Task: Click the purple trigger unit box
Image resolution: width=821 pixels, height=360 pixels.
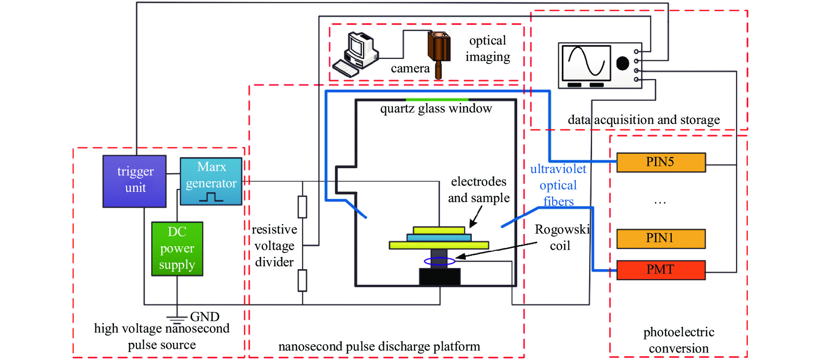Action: [135, 181]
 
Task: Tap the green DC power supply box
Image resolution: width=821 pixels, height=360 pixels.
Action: [177, 249]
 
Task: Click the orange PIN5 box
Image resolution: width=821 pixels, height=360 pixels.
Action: [661, 162]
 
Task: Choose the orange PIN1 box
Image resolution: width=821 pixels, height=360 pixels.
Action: [661, 239]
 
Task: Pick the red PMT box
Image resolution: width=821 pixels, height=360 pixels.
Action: [661, 270]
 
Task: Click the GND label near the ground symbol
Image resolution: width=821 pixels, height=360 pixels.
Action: [204, 317]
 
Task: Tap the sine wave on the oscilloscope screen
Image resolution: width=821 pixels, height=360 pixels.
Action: [586, 62]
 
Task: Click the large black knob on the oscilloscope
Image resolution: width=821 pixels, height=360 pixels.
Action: [622, 63]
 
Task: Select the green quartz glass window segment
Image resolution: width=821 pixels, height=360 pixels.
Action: [437, 99]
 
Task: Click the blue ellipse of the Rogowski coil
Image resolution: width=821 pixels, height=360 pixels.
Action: [439, 261]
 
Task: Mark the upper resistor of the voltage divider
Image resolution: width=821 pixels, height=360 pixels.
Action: [302, 207]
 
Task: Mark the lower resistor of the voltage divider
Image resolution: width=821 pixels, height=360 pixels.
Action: [302, 280]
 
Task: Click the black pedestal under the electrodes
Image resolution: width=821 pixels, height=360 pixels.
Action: [440, 277]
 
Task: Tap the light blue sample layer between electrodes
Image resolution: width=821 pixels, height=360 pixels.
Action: [439, 237]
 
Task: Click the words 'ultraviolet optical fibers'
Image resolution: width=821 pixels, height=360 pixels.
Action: [558, 185]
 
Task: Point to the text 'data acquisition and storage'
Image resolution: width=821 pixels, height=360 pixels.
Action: [644, 120]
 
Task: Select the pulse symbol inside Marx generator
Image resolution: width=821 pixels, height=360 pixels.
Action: [211, 198]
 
